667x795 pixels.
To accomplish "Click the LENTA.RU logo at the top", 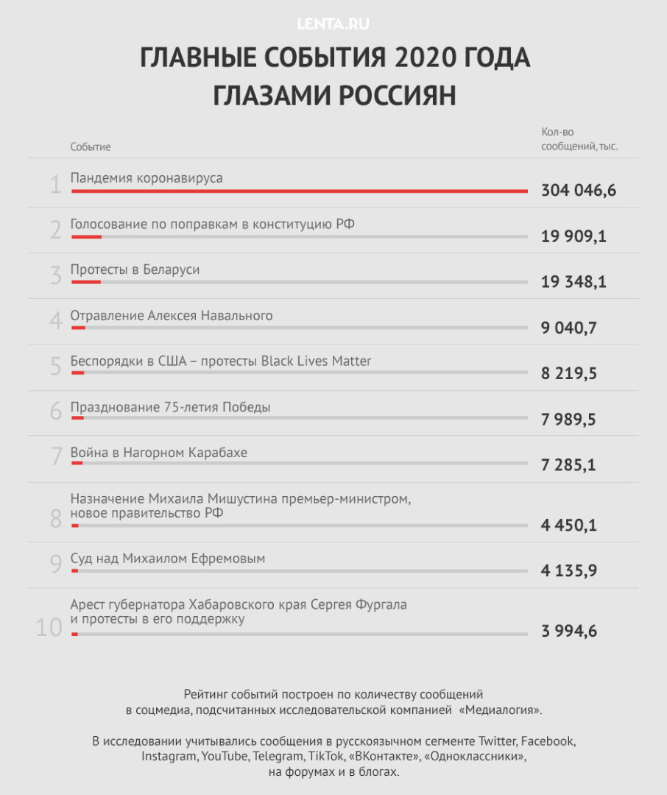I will (333, 24).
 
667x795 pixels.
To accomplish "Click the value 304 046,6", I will (578, 191).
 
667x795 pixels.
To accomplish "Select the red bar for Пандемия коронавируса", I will (299, 191).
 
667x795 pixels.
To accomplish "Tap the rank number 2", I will (56, 230).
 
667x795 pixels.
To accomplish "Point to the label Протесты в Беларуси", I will (135, 269).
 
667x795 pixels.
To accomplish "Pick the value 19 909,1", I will (574, 236).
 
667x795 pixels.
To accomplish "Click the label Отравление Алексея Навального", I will (172, 316).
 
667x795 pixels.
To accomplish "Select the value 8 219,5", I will (568, 373).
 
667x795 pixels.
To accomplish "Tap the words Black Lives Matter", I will (317, 361).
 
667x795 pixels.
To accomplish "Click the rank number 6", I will (56, 411).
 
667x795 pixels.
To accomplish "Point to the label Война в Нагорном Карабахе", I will (159, 453).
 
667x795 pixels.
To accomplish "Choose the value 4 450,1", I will (568, 526).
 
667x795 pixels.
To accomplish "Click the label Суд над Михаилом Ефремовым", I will (168, 559).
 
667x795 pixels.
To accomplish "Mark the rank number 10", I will (49, 628).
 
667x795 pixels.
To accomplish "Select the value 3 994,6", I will (568, 632).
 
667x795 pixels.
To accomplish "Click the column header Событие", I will (91, 147).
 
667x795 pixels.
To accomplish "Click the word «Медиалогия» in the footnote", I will (500, 710).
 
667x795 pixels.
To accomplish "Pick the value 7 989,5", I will (568, 420).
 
